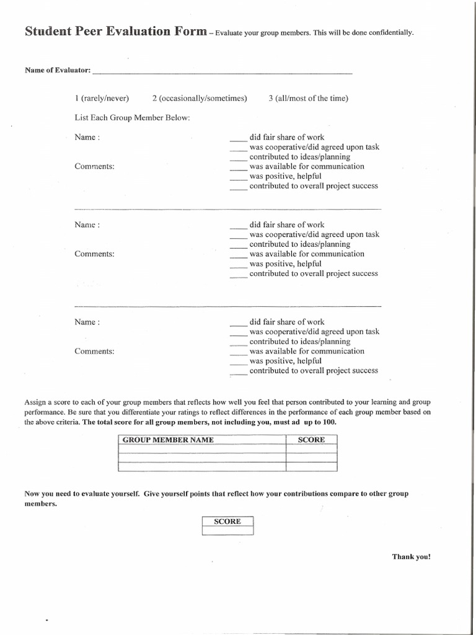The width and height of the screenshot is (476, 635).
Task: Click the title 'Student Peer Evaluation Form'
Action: [115, 32]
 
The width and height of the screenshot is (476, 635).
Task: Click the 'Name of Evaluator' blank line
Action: [222, 73]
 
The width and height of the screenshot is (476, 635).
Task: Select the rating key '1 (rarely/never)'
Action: [102, 99]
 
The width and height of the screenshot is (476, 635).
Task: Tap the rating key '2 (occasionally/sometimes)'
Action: [200, 99]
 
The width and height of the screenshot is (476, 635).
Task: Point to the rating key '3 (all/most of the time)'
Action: [308, 99]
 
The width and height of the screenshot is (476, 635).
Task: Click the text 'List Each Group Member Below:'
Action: [132, 117]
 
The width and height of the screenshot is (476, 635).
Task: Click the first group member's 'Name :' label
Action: [87, 137]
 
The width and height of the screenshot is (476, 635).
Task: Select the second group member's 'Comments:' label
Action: [94, 254]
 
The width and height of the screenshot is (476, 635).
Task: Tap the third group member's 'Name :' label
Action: [87, 322]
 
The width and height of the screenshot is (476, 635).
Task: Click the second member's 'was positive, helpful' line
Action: [285, 264]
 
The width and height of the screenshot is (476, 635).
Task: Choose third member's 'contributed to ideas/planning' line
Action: [299, 342]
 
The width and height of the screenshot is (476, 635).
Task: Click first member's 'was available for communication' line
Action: [306, 166]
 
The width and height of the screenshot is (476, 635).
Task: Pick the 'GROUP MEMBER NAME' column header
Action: [168, 440]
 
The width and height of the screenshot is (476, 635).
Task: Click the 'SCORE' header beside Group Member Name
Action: [311, 440]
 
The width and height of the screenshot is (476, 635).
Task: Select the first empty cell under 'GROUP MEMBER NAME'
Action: [201, 449]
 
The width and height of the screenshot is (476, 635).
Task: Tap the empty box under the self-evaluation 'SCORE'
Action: [227, 531]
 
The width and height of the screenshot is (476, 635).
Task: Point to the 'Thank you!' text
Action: [411, 556]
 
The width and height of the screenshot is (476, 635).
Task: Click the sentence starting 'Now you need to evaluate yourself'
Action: [216, 494]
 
